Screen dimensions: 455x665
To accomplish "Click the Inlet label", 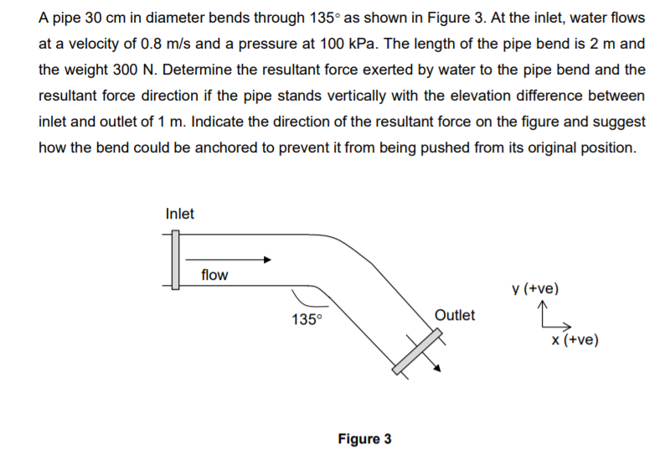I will [179, 214].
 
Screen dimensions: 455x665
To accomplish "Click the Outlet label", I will [455, 315].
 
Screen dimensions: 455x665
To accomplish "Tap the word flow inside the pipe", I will [214, 275].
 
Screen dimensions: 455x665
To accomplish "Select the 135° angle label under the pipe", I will [307, 319].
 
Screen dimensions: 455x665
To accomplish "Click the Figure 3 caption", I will [364, 438].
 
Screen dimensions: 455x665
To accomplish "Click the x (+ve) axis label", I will [575, 340].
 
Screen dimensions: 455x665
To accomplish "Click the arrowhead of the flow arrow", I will [265, 259].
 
